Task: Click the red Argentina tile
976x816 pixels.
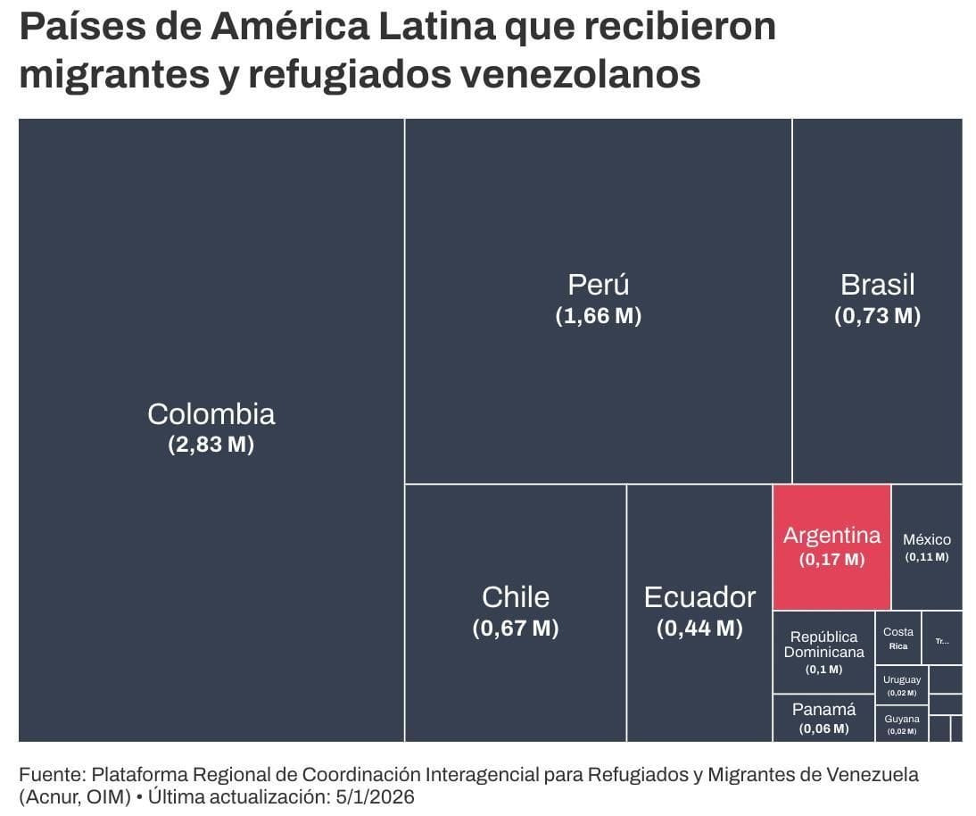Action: [x=831, y=547]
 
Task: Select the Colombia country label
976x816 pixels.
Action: [x=211, y=414]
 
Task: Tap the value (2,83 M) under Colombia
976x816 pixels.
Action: [x=211, y=445]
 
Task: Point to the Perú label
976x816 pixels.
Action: [x=598, y=285]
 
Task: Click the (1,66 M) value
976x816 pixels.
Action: [x=598, y=316]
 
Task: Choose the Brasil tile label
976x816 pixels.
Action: [x=877, y=285]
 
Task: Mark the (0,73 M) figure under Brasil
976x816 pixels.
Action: [x=877, y=316]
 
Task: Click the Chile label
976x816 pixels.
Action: [x=516, y=596]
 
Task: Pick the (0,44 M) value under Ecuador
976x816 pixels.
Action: [x=699, y=629]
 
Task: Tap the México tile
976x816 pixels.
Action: [x=927, y=547]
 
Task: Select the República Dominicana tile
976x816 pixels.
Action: [x=823, y=652]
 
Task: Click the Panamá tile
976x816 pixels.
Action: [x=823, y=718]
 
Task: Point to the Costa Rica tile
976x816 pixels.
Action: [x=897, y=637]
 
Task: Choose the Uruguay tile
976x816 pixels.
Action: [x=901, y=685]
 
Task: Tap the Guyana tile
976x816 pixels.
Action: [x=901, y=724]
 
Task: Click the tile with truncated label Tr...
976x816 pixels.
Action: [x=942, y=638]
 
